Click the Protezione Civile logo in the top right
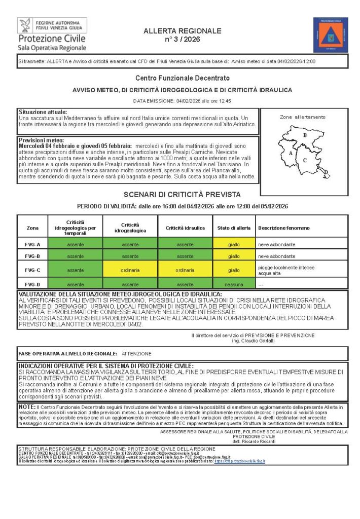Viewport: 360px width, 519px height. [x=330, y=34]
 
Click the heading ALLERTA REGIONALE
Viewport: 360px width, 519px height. [x=183, y=31]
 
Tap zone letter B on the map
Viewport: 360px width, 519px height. [x=305, y=135]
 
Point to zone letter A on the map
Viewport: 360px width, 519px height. [x=290, y=152]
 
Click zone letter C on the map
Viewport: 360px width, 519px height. [x=305, y=160]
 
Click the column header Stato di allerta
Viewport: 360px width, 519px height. [x=234, y=228]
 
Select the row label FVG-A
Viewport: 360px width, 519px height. [x=32, y=244]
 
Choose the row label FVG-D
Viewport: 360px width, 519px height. [x=32, y=284]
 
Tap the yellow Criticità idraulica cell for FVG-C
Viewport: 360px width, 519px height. [x=185, y=270]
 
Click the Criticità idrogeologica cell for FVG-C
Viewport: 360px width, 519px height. [x=130, y=270]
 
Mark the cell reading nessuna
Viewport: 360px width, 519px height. [x=234, y=284]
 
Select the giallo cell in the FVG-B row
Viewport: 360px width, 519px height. [x=234, y=256]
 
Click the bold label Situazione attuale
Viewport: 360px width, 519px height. [x=43, y=112]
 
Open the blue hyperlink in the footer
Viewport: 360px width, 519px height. [x=240, y=461]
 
